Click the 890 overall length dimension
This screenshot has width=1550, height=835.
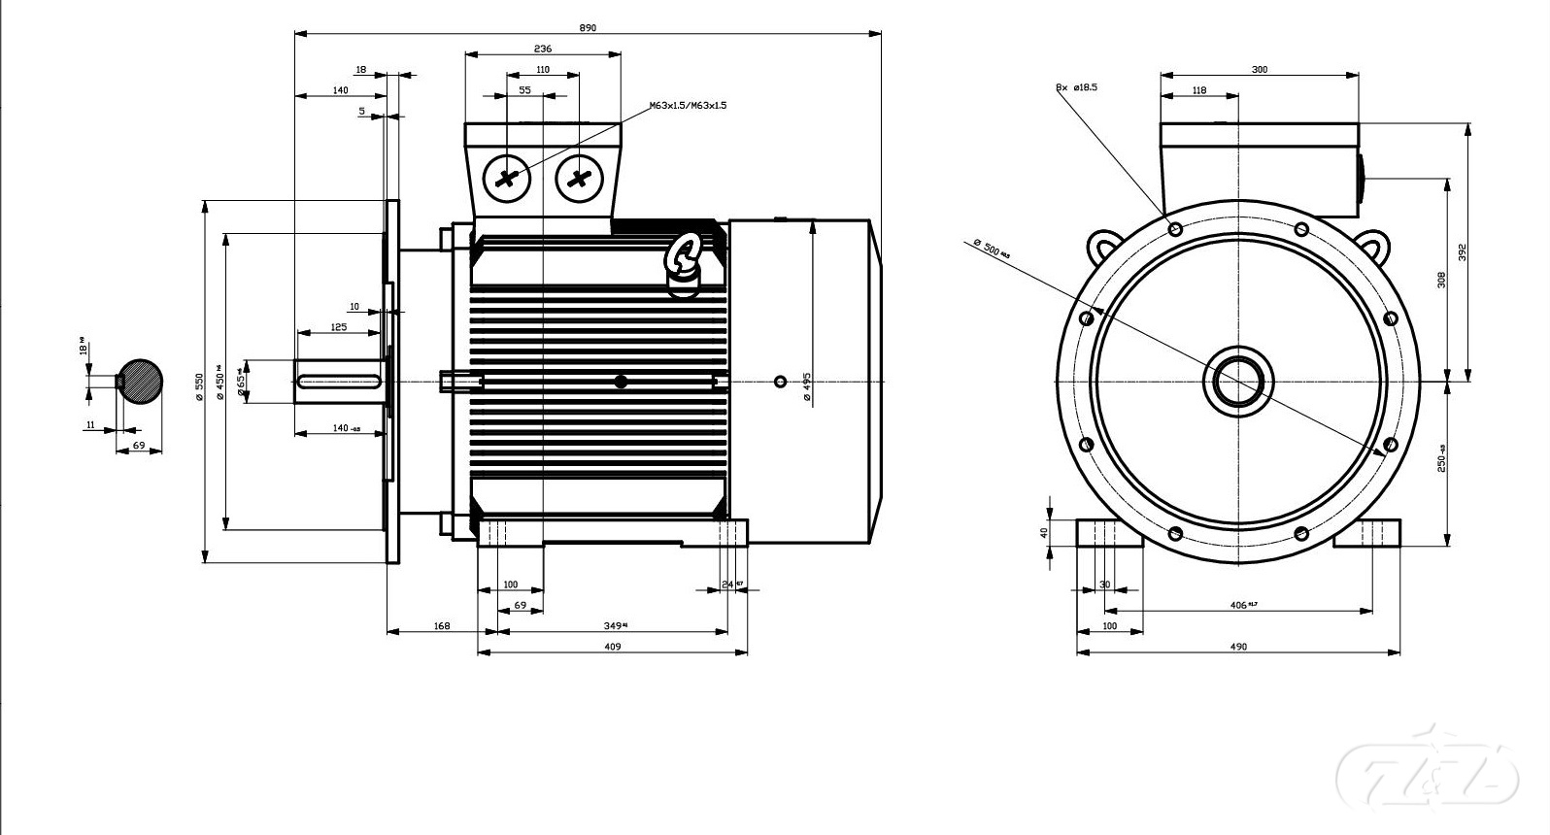[x=588, y=28]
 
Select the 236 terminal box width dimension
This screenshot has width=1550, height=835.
[x=542, y=49]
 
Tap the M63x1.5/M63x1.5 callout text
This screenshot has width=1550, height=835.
[x=688, y=105]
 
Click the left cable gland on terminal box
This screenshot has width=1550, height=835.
[x=507, y=179]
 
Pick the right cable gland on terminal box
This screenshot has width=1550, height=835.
[x=580, y=179]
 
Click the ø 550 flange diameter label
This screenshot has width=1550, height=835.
[x=199, y=385]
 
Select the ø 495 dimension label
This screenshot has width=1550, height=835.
[x=806, y=386]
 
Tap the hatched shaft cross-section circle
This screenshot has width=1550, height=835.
[x=140, y=382]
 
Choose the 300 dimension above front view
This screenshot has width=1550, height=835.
[x=1259, y=70]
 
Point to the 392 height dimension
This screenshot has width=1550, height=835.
[x=1462, y=251]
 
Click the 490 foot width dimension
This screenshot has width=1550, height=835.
[x=1238, y=647]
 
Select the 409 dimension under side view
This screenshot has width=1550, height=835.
[x=613, y=647]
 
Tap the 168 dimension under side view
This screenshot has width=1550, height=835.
[x=442, y=626]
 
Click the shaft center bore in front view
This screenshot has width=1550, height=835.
[x=1237, y=381]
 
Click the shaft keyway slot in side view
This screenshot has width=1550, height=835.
[x=339, y=382]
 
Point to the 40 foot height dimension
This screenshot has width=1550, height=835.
[x=1045, y=532]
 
